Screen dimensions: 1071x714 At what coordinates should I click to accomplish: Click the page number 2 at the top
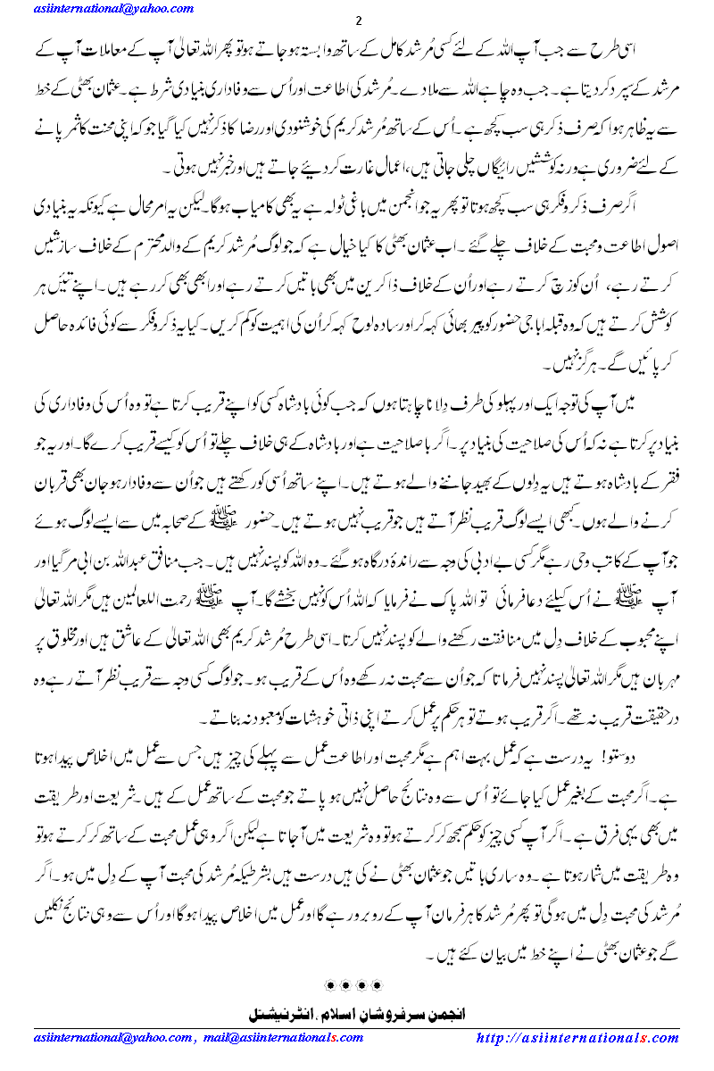358,21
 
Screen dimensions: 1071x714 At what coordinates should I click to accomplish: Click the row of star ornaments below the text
357,984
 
